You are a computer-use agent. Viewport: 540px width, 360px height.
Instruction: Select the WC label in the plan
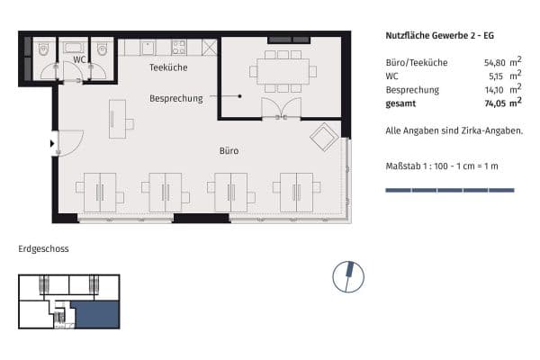tap(79, 59)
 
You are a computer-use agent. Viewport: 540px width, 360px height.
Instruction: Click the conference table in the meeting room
tap(283, 71)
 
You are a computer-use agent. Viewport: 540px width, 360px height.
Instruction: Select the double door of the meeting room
tap(281, 109)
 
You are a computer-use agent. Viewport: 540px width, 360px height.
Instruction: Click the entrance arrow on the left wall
tap(52, 142)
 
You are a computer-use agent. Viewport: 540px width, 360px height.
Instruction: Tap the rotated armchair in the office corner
tap(324, 138)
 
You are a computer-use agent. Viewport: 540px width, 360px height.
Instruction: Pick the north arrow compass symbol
tap(348, 275)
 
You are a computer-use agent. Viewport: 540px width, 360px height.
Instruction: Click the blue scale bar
tap(449, 190)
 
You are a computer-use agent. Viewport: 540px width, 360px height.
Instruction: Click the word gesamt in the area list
tap(401, 103)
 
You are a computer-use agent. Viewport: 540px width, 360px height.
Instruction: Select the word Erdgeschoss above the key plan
tap(43, 248)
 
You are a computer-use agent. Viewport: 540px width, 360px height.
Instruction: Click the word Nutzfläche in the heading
tap(407, 36)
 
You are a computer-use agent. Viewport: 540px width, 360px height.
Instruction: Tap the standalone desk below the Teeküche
tap(117, 119)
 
